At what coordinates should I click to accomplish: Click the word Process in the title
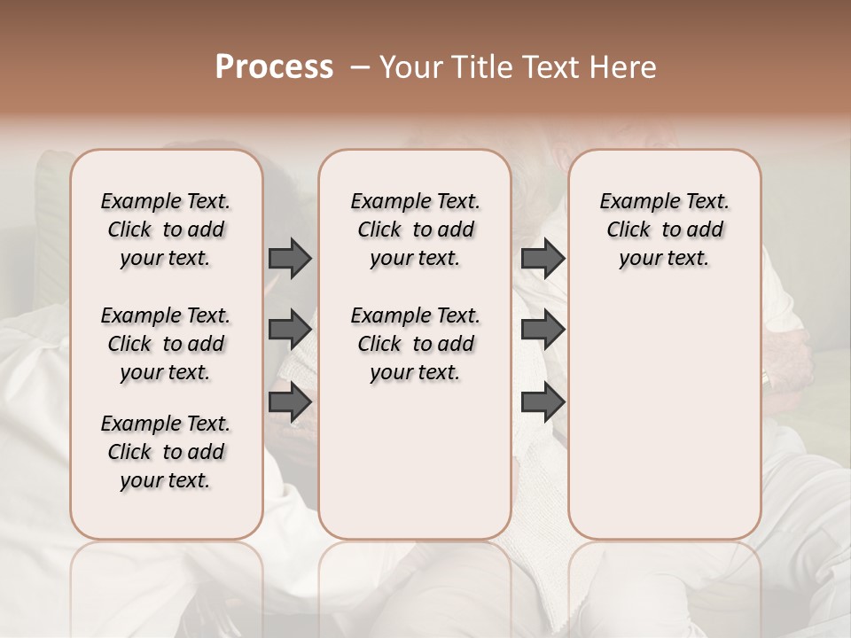click(274, 67)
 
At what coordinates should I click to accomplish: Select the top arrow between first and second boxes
click(290, 258)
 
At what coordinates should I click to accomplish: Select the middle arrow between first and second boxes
click(290, 330)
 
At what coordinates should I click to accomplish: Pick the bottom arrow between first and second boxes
click(290, 402)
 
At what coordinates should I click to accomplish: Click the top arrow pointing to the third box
click(543, 258)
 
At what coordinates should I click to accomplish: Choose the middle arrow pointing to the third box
click(543, 330)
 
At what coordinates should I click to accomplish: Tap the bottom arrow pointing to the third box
click(543, 402)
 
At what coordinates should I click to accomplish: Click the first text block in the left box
click(166, 230)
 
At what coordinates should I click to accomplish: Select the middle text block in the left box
click(166, 344)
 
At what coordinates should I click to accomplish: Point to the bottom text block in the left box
click(166, 452)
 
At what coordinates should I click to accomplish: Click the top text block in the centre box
click(415, 230)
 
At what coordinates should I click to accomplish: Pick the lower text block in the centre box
click(415, 344)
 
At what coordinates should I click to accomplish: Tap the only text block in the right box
click(664, 230)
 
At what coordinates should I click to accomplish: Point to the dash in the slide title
click(359, 67)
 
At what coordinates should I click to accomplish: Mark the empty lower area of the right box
click(664, 416)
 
